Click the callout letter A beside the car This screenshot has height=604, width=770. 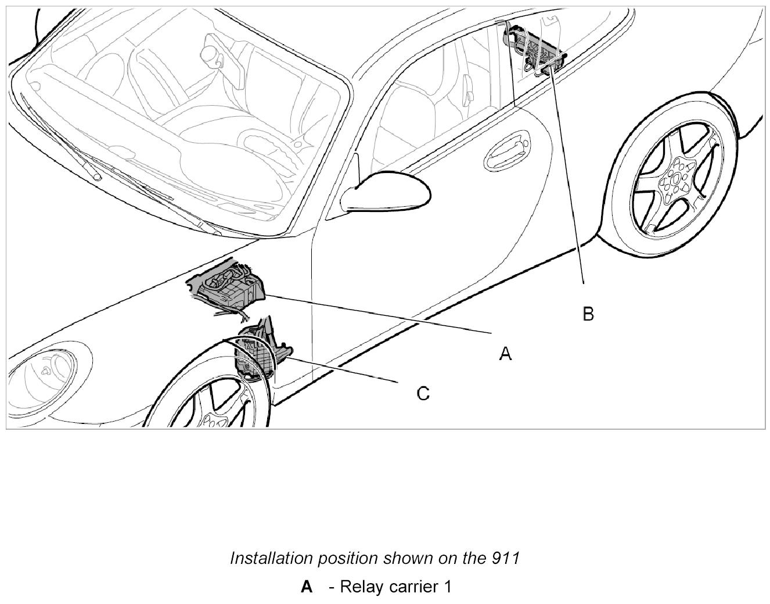[x=505, y=353]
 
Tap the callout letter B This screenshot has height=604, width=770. [x=588, y=314]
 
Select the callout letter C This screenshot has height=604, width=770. [x=423, y=394]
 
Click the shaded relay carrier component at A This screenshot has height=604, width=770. [x=229, y=288]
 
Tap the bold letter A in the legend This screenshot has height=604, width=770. [x=307, y=587]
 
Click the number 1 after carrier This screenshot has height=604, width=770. [x=448, y=587]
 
